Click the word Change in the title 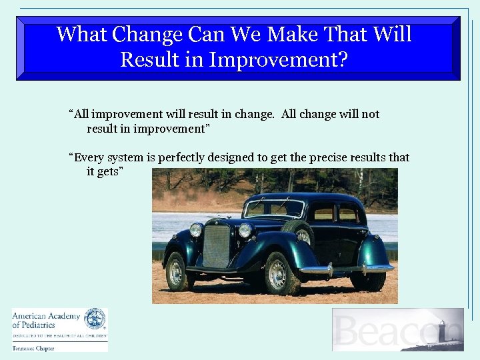coord(148,35)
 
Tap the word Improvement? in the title coord(278,60)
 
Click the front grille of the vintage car coord(216,246)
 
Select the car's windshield coord(274,209)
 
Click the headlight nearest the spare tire coord(245,231)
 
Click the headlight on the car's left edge coord(195,230)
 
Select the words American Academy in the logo coord(46,316)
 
